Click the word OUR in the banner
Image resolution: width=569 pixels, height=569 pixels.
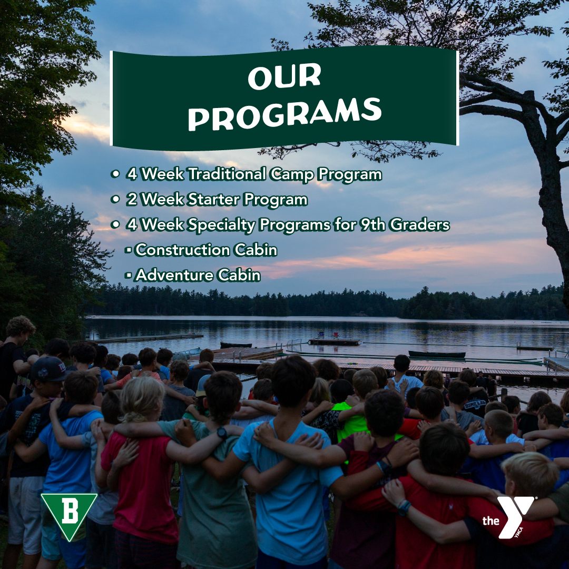[x=284, y=76]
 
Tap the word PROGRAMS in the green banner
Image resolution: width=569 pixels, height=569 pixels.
[x=284, y=114]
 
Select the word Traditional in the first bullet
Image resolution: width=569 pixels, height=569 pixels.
[x=227, y=174]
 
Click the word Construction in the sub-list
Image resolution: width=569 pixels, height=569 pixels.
[x=182, y=250]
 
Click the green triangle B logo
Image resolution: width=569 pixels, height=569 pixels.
[x=69, y=516]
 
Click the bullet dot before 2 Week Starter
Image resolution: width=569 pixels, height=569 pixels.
[x=115, y=199]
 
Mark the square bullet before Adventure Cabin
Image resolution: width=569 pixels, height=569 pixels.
[x=127, y=276]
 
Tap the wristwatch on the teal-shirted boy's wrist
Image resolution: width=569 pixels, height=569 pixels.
[x=222, y=433]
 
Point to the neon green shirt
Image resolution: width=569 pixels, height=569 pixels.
[x=351, y=421]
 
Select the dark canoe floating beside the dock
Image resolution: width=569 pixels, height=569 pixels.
[x=437, y=354]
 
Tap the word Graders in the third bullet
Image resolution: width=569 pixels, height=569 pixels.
[x=420, y=224]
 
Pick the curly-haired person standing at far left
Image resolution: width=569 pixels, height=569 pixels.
[x=16, y=367]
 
